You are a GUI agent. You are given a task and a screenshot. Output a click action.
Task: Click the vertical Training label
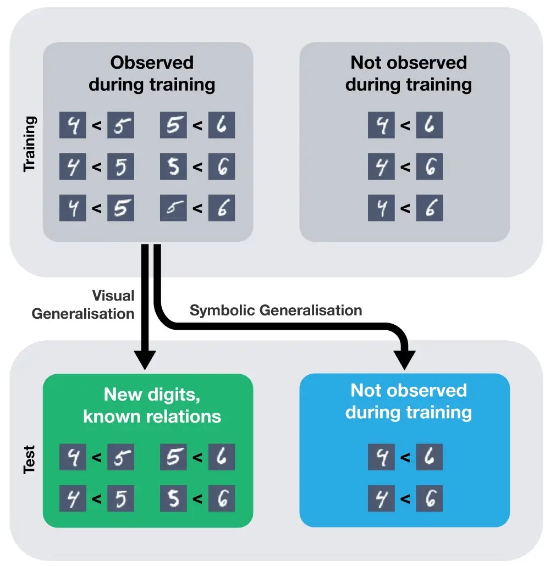[30, 143]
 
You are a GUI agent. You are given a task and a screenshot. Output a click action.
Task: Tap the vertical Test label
[30, 459]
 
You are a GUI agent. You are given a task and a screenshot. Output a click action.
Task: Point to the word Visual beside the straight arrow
[113, 296]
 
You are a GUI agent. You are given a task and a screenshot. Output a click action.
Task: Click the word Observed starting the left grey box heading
[152, 63]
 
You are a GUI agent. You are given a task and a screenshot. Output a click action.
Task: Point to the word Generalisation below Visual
[83, 313]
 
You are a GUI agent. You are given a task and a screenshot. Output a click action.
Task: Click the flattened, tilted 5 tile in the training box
[174, 209]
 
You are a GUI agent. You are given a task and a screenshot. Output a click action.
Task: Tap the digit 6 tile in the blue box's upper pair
[429, 457]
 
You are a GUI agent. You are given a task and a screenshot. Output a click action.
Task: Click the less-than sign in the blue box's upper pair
[405, 457]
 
